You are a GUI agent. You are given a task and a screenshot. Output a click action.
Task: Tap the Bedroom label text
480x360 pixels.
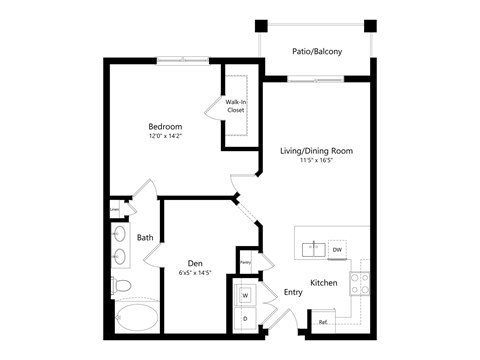click(165, 127)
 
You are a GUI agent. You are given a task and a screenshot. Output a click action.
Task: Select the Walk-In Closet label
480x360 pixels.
click(236, 106)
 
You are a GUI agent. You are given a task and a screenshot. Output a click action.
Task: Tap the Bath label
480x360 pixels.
click(145, 238)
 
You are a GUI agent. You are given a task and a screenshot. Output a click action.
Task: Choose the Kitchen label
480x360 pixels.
click(323, 284)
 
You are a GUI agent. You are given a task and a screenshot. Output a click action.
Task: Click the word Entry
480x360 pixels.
click(293, 293)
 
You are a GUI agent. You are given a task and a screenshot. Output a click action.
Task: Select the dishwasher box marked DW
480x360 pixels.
click(337, 249)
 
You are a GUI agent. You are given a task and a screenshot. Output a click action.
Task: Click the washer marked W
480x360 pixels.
click(245, 296)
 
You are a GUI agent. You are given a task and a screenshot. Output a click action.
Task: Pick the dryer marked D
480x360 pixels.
click(245, 319)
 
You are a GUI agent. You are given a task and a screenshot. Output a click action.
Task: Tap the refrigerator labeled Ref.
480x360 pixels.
click(322, 322)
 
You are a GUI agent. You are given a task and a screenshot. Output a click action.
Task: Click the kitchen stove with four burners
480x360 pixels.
click(359, 282)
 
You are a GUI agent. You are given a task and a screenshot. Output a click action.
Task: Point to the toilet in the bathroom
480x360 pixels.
click(122, 287)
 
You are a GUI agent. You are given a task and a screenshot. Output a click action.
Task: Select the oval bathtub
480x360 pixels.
click(136, 320)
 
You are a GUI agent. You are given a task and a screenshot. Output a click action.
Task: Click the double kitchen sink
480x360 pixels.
click(313, 247)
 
